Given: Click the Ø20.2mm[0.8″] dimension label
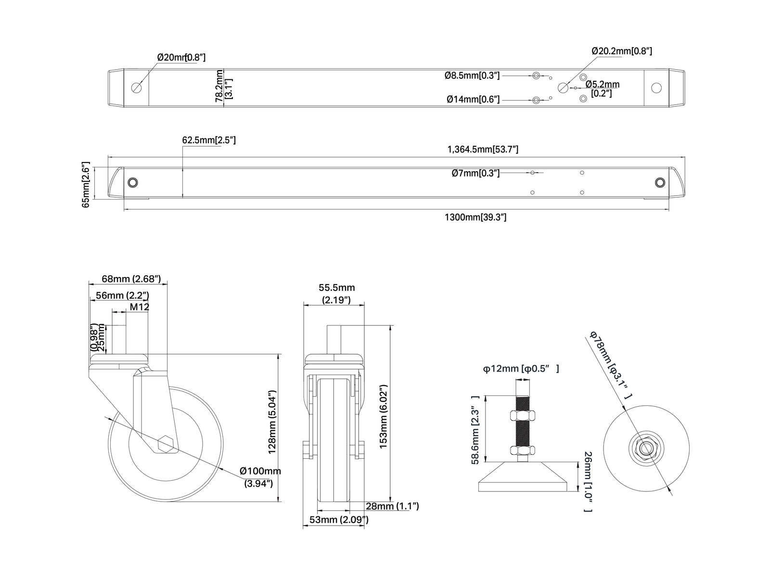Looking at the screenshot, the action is [622, 51].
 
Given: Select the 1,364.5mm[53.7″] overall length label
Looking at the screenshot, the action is [483, 150].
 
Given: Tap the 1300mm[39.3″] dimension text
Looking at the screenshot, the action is [475, 217].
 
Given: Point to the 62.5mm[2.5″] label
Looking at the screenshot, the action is [209, 140].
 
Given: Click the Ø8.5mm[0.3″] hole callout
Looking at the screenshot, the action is [472, 75].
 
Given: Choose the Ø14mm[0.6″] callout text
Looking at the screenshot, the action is [473, 100].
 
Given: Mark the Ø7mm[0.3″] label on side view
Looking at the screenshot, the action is [475, 173].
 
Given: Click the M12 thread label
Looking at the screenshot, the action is [140, 307].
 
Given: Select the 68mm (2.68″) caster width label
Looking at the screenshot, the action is [131, 279].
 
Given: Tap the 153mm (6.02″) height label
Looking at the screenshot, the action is [383, 416].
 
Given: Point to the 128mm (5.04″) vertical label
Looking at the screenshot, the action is [272, 422].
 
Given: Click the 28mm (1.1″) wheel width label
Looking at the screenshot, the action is [392, 506].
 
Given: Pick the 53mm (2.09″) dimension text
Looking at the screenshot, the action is [339, 520].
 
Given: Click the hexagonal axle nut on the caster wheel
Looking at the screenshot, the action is [166, 444].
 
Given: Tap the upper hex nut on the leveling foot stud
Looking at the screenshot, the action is [523, 416].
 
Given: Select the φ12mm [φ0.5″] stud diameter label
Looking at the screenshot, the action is [521, 368].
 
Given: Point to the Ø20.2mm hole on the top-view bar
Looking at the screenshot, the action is [563, 88].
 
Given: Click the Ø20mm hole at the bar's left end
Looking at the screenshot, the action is [137, 88].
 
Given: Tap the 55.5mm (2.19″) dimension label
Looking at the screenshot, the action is [336, 294].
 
